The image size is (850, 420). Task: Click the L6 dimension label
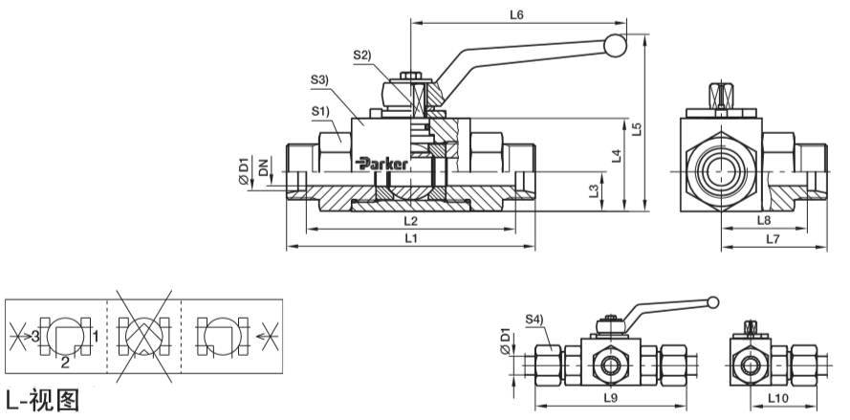pos(516,14)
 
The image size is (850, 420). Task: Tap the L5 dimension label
pos(637,128)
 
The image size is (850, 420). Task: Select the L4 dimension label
pos(617,156)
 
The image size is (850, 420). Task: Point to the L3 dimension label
pos(594,190)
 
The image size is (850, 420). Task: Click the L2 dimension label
pos(411,221)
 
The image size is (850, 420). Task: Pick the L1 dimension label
pos(411,238)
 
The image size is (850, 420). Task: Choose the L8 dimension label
pos(764,220)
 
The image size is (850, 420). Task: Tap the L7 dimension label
pos(773,238)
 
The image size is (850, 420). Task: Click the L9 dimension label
pos(611,398)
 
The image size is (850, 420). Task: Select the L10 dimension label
pos(778,398)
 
